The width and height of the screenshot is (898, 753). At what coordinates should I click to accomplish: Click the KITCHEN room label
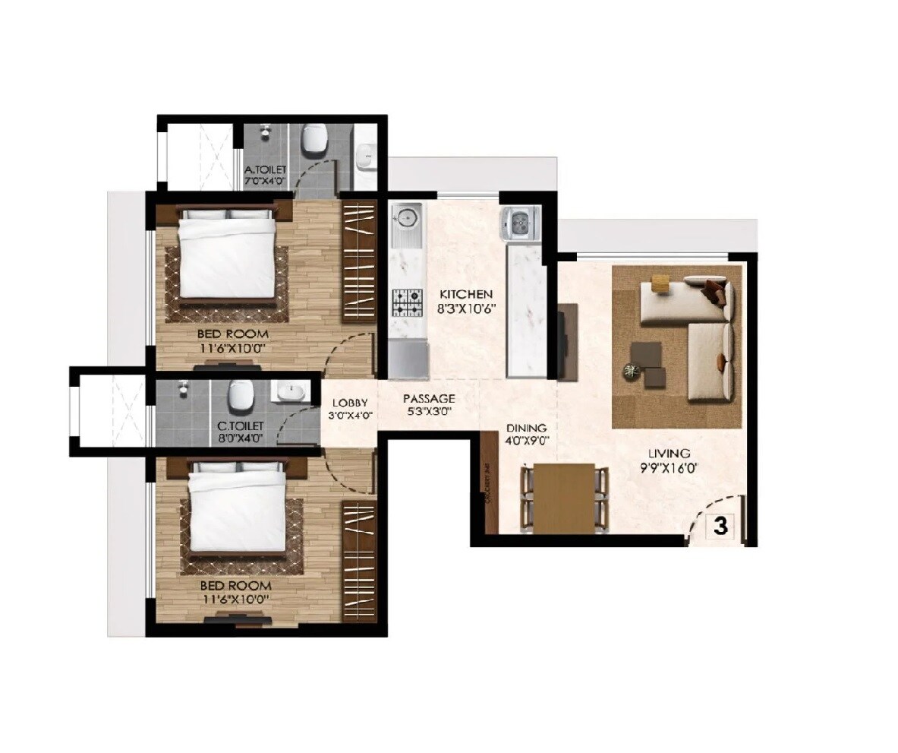(x=465, y=294)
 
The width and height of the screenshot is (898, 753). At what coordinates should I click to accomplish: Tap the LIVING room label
(x=669, y=454)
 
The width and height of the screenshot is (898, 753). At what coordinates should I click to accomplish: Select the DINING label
(x=527, y=428)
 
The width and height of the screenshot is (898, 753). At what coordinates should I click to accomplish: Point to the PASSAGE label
(x=429, y=398)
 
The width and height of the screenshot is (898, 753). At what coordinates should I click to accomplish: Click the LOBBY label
(x=350, y=403)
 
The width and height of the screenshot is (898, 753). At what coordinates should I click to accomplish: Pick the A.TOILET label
(x=265, y=170)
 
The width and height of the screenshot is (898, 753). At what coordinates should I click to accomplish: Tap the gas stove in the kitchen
(x=408, y=302)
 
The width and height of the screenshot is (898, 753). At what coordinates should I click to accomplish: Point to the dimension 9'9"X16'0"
(x=668, y=468)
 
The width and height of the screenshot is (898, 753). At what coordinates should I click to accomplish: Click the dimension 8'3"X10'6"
(x=465, y=308)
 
